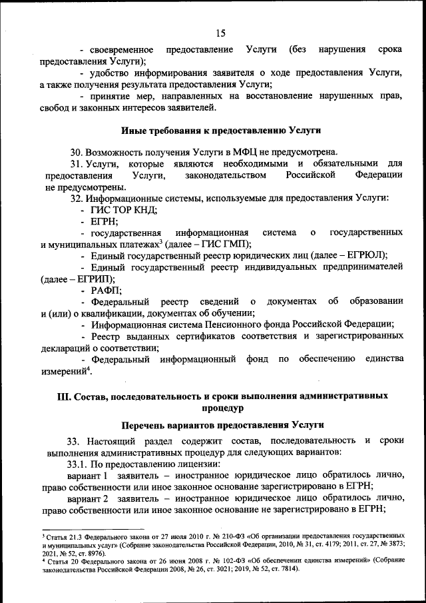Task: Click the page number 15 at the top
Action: [x=221, y=33]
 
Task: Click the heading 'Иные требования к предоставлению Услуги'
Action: [x=221, y=129]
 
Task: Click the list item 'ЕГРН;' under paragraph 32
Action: [x=105, y=221]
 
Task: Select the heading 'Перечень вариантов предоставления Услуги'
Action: [x=221, y=424]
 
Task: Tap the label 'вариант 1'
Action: [x=88, y=475]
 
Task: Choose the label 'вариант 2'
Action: [x=88, y=498]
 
